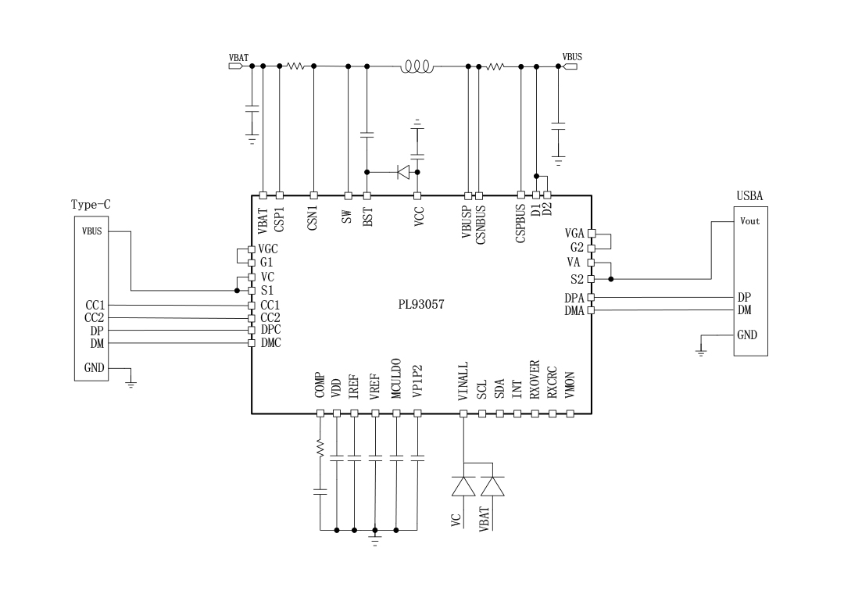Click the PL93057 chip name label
point(420,306)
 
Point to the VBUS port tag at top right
point(570,66)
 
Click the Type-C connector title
point(91,205)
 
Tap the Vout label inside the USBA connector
point(749,221)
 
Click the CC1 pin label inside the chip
point(270,304)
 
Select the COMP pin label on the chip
point(320,385)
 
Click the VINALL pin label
point(463,381)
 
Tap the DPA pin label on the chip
point(574,297)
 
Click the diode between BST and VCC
point(404,171)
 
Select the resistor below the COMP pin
point(320,449)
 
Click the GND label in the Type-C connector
point(94,367)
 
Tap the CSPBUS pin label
point(521,224)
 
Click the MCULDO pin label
point(396,379)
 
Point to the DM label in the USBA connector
point(744,310)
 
